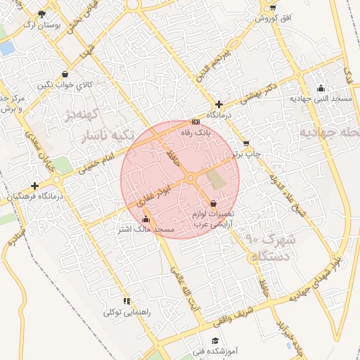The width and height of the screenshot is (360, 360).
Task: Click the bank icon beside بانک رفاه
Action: (195, 121)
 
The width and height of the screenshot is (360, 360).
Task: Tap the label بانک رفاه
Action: (196, 132)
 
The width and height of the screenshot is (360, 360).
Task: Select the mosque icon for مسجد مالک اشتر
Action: (146, 219)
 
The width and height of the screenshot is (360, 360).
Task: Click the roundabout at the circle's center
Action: (191, 179)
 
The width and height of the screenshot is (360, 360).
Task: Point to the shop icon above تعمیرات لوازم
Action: (213, 202)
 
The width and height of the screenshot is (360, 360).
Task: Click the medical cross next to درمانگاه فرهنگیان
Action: (34, 186)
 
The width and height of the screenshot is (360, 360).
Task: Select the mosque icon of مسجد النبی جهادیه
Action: (321, 88)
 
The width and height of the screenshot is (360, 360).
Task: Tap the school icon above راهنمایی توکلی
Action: (127, 300)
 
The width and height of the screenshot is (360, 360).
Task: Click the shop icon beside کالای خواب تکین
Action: (65, 74)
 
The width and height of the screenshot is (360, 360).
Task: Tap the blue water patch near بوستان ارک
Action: (6, 49)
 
